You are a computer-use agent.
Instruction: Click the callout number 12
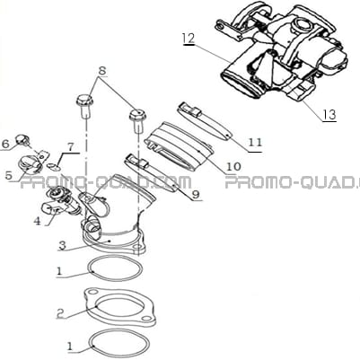click(x=189, y=39)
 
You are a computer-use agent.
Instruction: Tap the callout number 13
click(x=329, y=114)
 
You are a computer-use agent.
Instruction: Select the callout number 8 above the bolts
click(x=102, y=71)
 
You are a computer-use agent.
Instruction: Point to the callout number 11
click(x=255, y=142)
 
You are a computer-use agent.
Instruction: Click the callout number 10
click(x=234, y=166)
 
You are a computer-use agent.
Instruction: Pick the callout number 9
click(x=196, y=195)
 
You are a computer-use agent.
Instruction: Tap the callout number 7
click(x=70, y=146)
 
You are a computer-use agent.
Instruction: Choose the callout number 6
click(x=5, y=145)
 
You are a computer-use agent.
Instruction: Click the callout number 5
click(x=9, y=175)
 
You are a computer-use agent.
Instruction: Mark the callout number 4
click(x=37, y=221)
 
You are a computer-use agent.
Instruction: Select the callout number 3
click(x=62, y=246)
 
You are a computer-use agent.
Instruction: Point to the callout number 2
click(x=61, y=312)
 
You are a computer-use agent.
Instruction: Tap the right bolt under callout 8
click(x=137, y=119)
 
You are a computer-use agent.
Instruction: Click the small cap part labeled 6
click(x=22, y=139)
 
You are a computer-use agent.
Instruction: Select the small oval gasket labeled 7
click(x=53, y=166)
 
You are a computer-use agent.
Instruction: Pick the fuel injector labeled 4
click(x=61, y=203)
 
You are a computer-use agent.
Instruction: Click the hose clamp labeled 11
click(x=204, y=122)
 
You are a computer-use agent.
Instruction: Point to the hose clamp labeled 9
click(x=152, y=173)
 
